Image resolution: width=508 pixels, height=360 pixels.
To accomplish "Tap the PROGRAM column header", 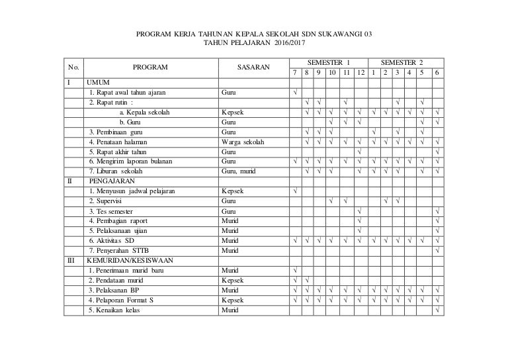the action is point(150,67).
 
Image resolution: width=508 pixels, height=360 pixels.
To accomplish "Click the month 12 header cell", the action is point(360,72).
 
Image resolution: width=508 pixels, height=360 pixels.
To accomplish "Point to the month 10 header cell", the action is point(332,72).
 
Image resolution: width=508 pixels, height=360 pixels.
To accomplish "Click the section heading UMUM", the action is point(99,82).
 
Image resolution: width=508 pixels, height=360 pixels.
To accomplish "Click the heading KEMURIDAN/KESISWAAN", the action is point(130,260).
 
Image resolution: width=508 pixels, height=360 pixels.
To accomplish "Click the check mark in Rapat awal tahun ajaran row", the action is point(295,92).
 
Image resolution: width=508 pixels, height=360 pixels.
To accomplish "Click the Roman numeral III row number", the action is point(73,260).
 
